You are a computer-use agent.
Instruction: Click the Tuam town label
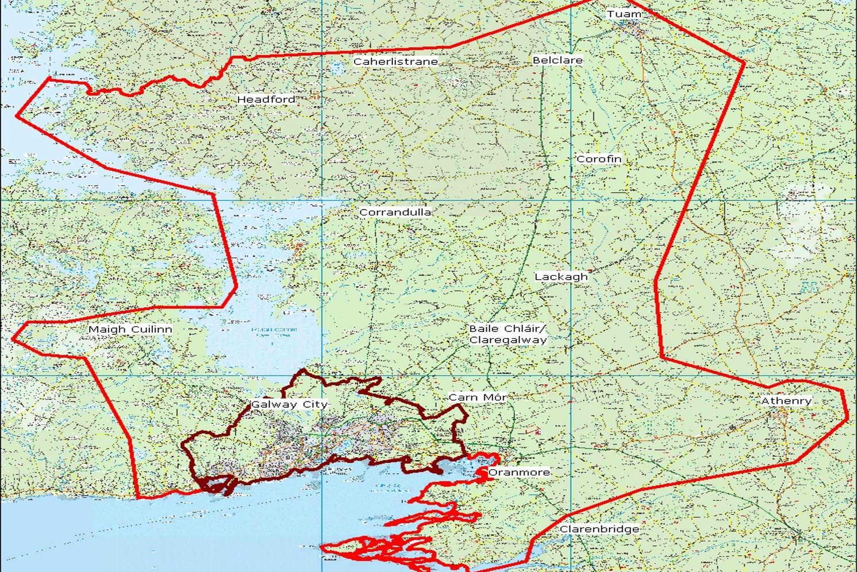624,14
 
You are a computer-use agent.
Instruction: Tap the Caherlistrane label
395,61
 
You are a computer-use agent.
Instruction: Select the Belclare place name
557,60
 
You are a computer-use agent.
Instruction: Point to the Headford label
267,99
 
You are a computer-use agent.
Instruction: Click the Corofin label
599,159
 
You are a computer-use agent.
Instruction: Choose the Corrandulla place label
395,212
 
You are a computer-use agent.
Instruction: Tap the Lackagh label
561,276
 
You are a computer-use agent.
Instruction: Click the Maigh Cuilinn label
130,329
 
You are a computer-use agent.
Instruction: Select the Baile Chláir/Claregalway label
507,334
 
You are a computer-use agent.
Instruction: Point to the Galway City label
289,404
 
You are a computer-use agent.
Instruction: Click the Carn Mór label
478,397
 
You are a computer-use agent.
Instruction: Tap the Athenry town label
786,400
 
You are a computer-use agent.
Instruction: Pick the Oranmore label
519,472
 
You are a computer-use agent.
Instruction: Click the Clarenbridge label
599,529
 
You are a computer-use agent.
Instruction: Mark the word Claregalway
507,340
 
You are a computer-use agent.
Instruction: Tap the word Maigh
107,329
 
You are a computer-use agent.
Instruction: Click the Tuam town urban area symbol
632,26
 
